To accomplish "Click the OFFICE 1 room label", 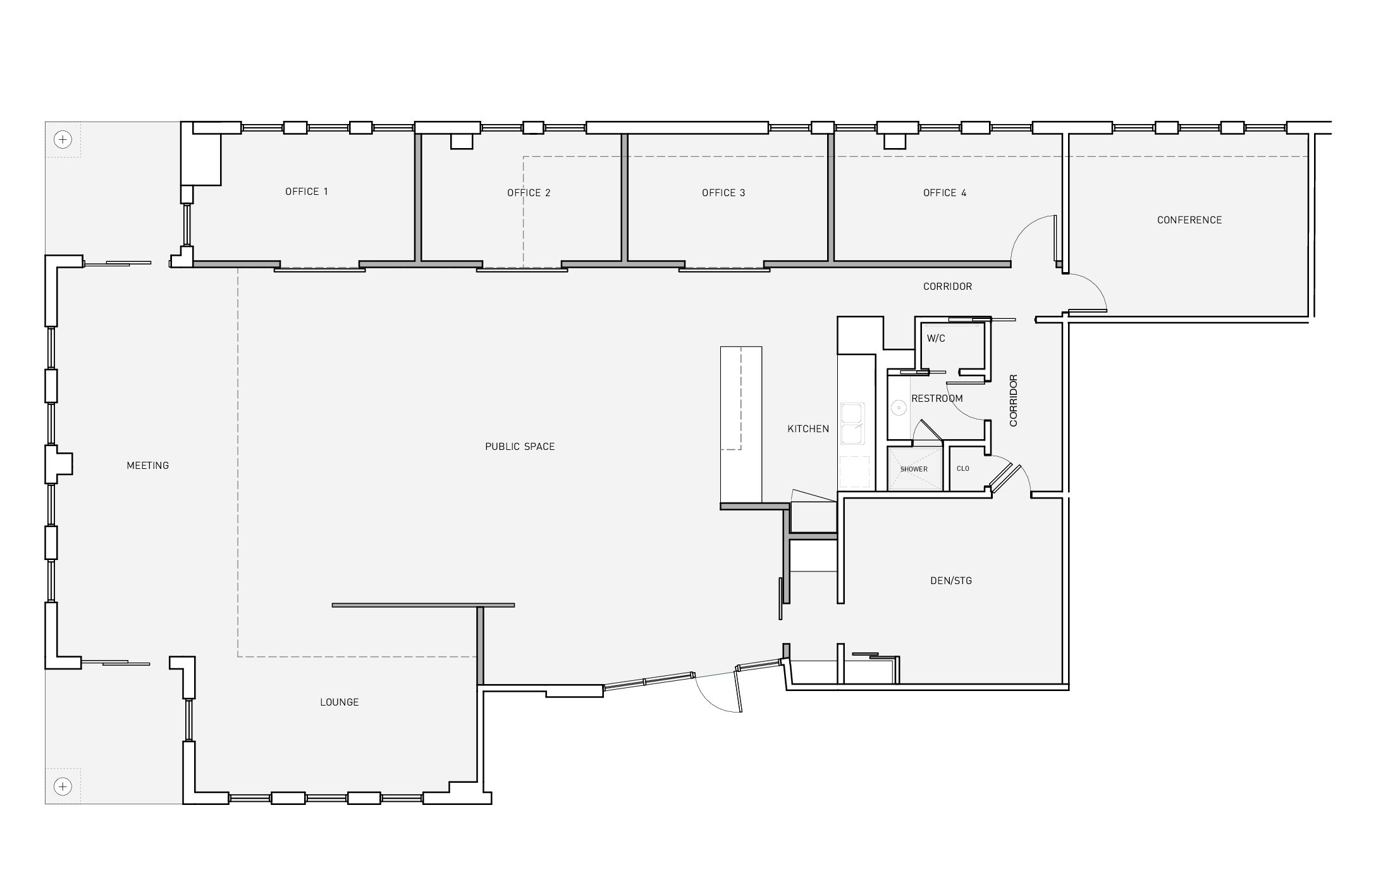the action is (x=307, y=192).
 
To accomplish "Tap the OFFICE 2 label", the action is (x=529, y=193).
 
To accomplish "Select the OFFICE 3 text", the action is (x=723, y=193).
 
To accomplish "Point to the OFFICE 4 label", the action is (x=945, y=193).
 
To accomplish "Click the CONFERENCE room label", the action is (x=1189, y=220).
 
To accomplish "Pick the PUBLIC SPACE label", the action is (x=520, y=447).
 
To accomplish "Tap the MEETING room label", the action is (x=148, y=466).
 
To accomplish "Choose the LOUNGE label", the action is (x=340, y=702).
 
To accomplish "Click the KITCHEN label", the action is (x=808, y=429).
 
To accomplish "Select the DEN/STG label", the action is (x=951, y=581).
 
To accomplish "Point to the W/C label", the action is (x=936, y=339).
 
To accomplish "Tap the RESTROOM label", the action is (x=937, y=399).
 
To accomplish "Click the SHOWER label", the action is (x=914, y=470).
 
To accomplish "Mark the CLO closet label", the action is (x=963, y=469).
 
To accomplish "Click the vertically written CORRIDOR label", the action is (x=1014, y=401).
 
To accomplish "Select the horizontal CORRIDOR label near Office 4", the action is (x=947, y=287).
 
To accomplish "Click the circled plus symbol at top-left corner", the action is (x=63, y=139).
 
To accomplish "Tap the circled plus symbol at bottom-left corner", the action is (x=63, y=787).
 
